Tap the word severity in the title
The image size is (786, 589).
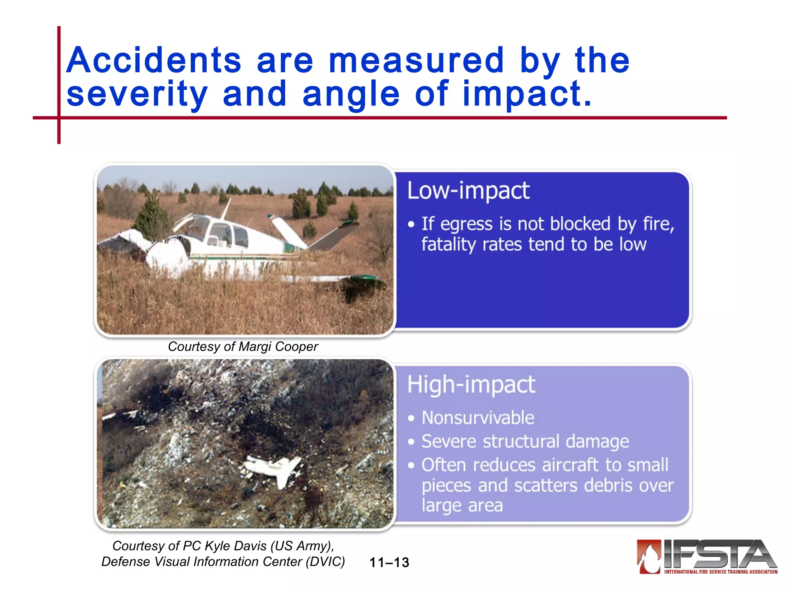tap(137, 94)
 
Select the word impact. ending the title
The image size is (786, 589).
tap(527, 94)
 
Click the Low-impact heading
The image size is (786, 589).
tap(468, 190)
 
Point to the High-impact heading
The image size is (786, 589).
tap(471, 384)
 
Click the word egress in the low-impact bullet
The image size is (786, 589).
tap(466, 224)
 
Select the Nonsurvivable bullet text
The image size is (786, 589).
tap(478, 418)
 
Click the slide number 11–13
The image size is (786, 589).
tap(389, 563)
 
